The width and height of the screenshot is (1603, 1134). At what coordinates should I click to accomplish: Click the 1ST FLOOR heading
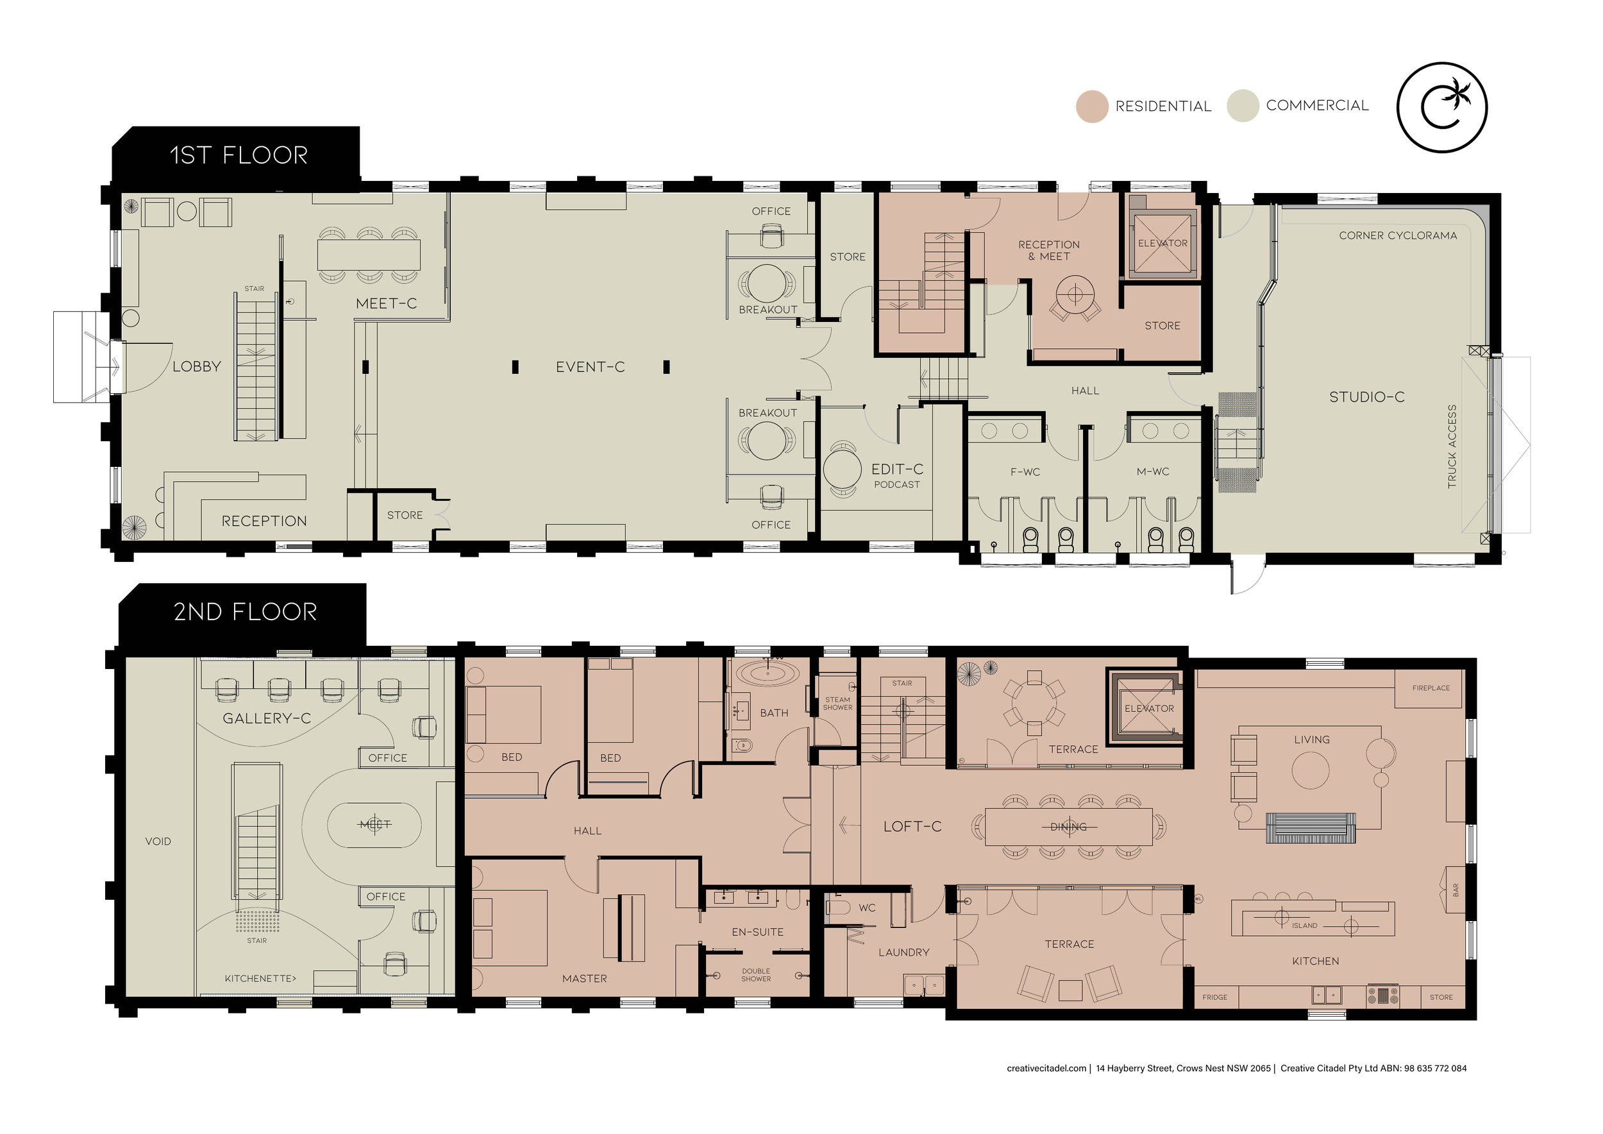pyautogui.click(x=239, y=155)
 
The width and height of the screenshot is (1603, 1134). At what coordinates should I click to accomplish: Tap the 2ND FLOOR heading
pyautogui.click(x=245, y=612)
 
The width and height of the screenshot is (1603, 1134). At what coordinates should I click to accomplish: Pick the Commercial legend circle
pyautogui.click(x=1243, y=106)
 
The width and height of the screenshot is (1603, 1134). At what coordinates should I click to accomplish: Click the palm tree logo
pyautogui.click(x=1441, y=107)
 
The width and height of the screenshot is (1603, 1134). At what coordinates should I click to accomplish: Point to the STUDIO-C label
pyautogui.click(x=1366, y=397)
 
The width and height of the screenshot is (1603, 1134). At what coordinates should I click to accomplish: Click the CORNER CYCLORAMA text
pyautogui.click(x=1398, y=235)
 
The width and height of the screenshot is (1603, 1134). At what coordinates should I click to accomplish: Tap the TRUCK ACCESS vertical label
pyautogui.click(x=1452, y=446)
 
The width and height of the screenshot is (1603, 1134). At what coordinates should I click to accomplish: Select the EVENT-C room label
pyautogui.click(x=590, y=367)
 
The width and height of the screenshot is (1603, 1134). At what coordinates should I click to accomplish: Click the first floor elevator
pyautogui.click(x=1162, y=244)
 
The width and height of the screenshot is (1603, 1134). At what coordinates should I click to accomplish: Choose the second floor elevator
pyautogui.click(x=1148, y=708)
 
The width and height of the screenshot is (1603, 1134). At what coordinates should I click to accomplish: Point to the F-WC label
pyautogui.click(x=1025, y=472)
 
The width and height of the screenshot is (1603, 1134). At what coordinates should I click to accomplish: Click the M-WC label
pyautogui.click(x=1153, y=472)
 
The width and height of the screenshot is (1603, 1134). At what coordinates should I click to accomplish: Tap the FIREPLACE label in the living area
pyautogui.click(x=1431, y=688)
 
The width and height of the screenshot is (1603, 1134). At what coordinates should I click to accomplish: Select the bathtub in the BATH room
pyautogui.click(x=768, y=675)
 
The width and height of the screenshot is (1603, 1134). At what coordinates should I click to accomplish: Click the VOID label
pyautogui.click(x=158, y=842)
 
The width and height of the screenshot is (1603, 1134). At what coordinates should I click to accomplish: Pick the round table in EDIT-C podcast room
pyautogui.click(x=842, y=470)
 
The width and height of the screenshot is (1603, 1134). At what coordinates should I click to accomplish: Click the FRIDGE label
pyautogui.click(x=1215, y=997)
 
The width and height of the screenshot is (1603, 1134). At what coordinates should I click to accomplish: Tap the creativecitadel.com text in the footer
pyautogui.click(x=1046, y=1069)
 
